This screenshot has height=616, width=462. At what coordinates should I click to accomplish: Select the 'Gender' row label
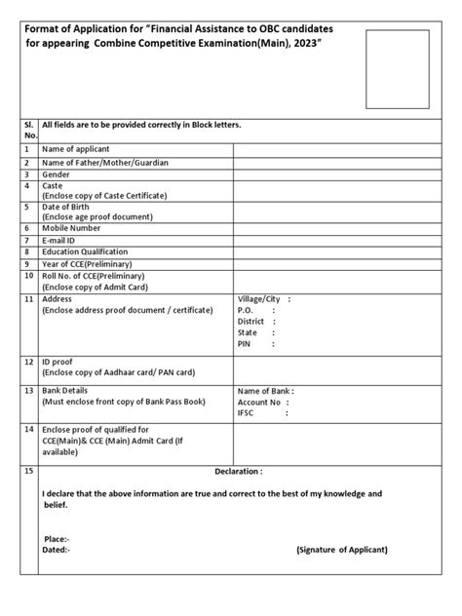point(57,174)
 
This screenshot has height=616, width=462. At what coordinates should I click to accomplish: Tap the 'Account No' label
point(259,402)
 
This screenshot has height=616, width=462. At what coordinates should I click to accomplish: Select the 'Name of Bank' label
point(263,390)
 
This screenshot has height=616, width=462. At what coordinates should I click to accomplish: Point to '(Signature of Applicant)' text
point(341,549)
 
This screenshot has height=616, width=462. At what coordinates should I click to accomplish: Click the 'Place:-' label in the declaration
point(57,538)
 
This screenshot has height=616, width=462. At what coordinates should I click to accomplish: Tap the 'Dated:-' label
point(57,550)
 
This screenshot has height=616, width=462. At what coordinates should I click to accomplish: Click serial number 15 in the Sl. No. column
point(30,471)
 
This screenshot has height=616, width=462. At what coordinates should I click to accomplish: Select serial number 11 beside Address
point(30,298)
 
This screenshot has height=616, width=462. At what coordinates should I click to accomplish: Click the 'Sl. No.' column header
point(30,132)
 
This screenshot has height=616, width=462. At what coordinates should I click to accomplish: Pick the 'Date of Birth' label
point(70,205)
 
